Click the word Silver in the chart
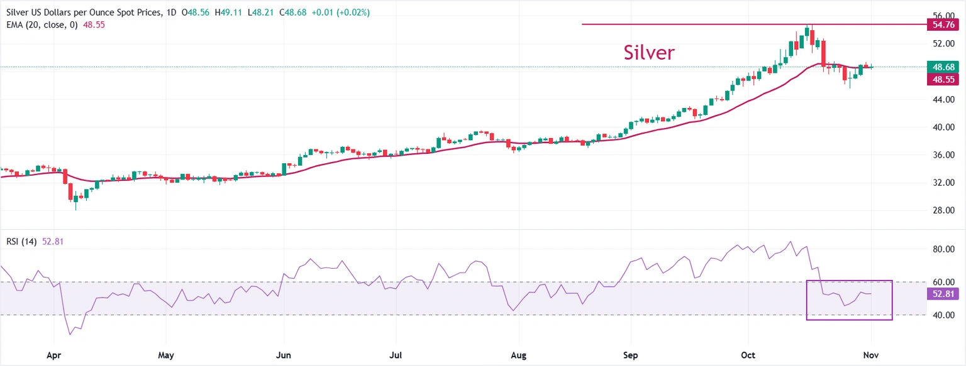649,53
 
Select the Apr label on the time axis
54,355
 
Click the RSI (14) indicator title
21,241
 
